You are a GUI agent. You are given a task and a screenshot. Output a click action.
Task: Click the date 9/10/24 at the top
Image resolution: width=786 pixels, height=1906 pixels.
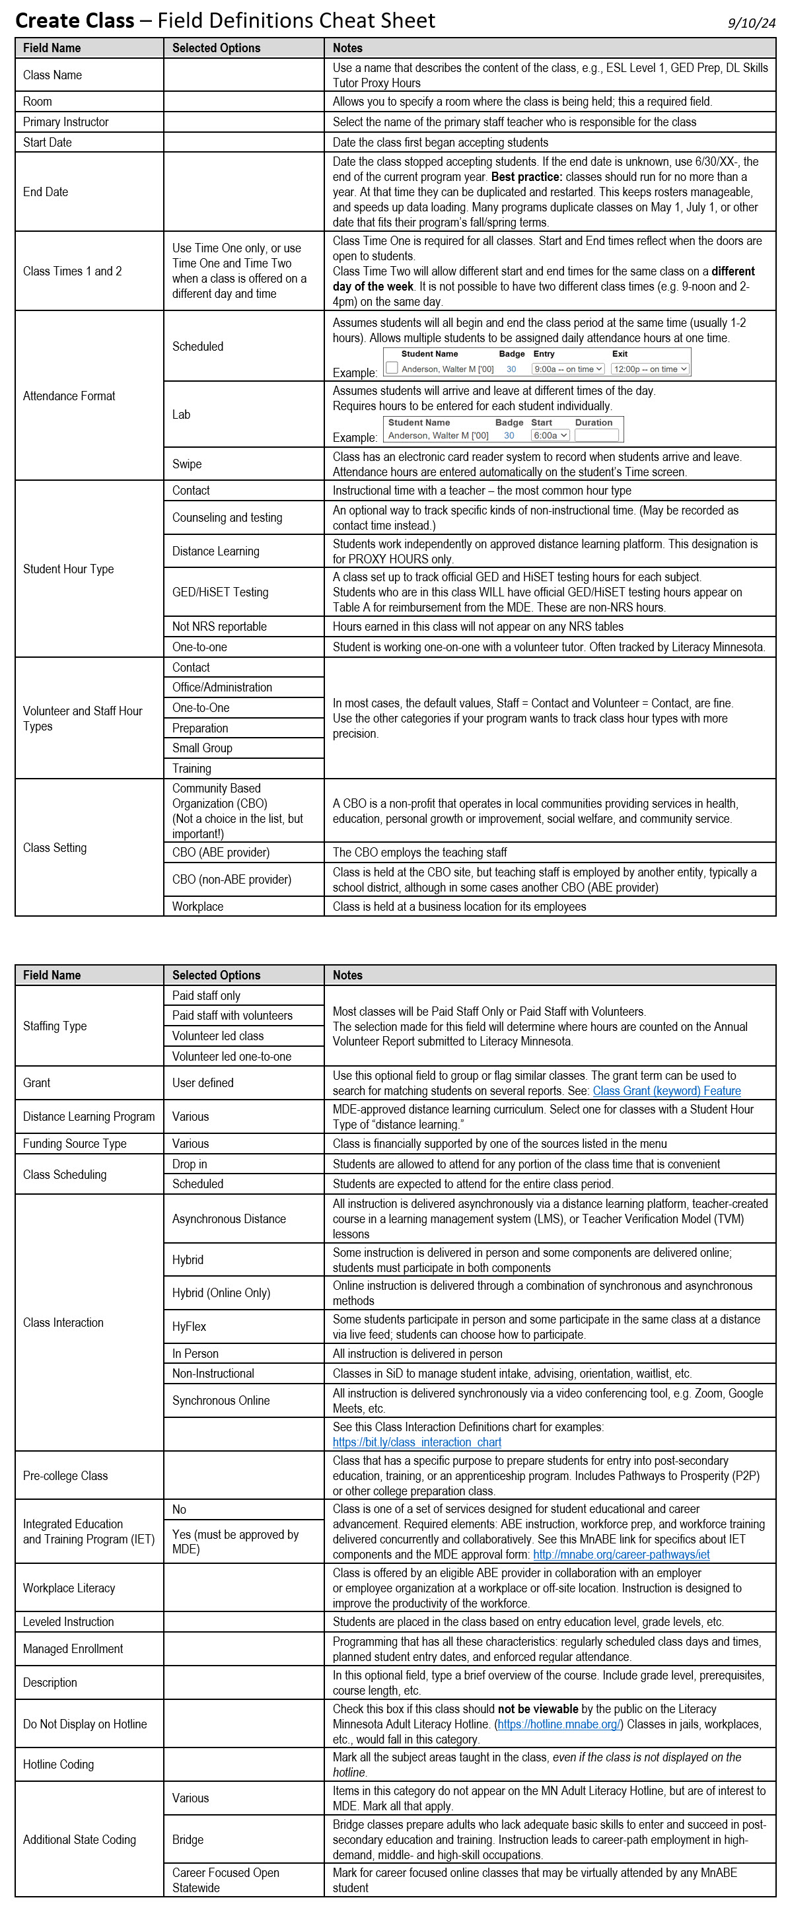751,23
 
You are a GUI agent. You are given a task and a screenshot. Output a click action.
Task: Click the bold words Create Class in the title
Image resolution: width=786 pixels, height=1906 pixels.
75,20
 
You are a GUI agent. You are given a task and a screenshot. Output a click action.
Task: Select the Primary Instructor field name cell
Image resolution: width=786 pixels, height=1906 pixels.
66,122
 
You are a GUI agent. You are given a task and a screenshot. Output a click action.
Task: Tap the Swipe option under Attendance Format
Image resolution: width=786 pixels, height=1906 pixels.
187,464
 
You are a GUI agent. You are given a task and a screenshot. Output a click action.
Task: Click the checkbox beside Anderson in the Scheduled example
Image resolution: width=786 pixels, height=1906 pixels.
392,368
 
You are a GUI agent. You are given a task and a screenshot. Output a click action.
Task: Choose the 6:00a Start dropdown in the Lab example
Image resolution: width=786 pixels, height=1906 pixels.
551,435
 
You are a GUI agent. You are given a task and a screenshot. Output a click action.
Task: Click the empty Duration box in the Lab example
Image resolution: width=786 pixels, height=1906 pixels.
596,435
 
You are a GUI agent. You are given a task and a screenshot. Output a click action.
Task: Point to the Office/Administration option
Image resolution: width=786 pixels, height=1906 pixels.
222,688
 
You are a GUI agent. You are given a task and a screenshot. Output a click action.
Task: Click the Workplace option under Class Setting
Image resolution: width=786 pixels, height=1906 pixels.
197,906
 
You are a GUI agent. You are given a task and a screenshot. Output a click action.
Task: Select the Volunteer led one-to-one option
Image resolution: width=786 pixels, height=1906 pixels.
232,1056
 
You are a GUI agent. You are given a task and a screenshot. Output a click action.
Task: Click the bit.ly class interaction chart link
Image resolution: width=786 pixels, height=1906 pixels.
417,1442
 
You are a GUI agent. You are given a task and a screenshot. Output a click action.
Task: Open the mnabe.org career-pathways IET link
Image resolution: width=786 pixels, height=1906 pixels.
621,1555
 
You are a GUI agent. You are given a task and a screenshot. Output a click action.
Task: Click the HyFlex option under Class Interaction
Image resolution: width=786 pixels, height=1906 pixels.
190,1327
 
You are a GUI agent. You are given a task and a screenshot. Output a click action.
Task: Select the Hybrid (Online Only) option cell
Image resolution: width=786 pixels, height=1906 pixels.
221,1292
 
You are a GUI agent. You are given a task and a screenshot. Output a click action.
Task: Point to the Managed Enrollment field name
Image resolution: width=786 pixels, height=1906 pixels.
73,1648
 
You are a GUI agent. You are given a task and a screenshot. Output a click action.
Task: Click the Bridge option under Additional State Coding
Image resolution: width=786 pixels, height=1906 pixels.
188,1839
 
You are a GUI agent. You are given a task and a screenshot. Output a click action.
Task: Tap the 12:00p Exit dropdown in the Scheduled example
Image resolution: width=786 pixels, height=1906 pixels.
650,369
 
